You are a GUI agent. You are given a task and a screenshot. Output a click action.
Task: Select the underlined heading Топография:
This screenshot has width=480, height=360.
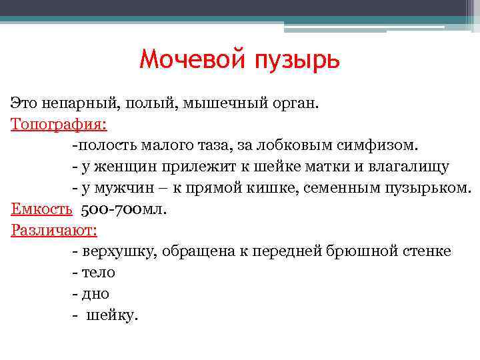59,125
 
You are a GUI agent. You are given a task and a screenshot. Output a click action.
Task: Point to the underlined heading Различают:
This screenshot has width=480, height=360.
54,231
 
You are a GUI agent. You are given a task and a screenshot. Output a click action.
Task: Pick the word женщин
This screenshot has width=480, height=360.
121,167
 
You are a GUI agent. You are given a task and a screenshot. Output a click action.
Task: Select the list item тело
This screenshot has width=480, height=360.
98,273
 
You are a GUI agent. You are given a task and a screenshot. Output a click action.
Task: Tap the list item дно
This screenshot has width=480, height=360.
95,294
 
